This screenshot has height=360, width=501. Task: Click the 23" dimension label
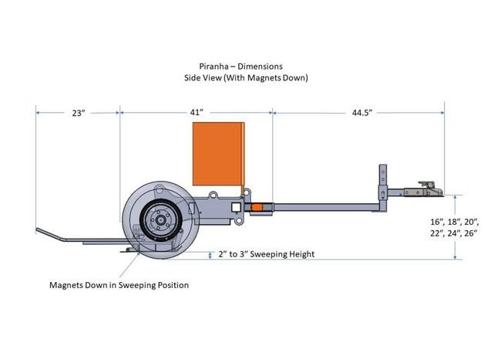pos(77,113)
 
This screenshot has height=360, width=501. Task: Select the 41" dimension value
pos(197,113)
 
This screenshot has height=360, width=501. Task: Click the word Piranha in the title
pos(214,66)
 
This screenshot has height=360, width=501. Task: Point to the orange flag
pos(218,155)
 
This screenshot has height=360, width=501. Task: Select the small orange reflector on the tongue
pos(259,207)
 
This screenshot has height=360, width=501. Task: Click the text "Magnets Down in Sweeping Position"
pos(119,285)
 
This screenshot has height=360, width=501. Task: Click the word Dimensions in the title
pos(270,66)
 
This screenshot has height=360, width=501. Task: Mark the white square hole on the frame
pos(235,207)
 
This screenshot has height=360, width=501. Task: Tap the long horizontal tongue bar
pos(324,207)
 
